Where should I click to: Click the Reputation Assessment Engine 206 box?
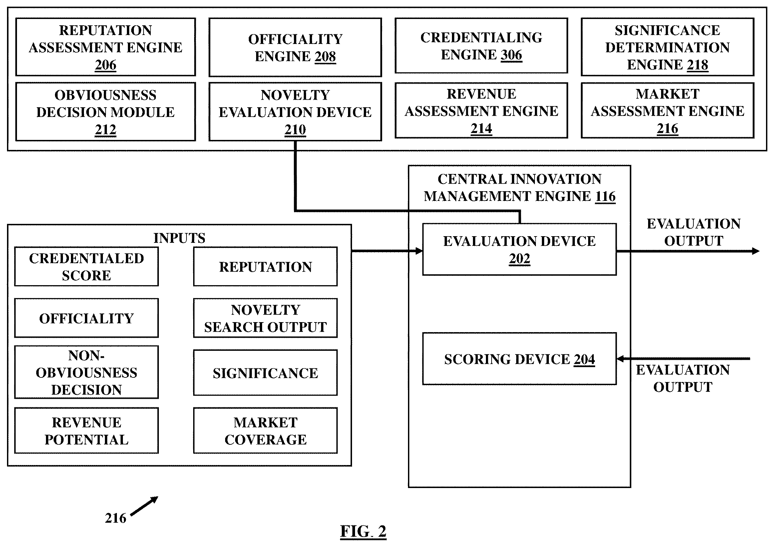(x=106, y=47)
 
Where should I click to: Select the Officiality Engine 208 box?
(x=295, y=47)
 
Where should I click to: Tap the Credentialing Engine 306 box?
(x=481, y=46)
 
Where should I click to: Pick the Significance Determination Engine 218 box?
(x=667, y=47)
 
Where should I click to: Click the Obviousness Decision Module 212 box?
(x=106, y=112)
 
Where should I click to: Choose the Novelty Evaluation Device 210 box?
(x=295, y=112)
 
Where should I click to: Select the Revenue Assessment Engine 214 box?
(x=481, y=110)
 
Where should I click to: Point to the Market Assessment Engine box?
(x=667, y=110)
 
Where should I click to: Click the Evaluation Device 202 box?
(x=520, y=250)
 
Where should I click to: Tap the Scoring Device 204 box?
(x=520, y=359)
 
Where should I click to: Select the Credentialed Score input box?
(x=87, y=267)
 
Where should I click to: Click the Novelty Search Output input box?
(x=266, y=318)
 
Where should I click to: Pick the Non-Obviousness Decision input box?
(x=87, y=372)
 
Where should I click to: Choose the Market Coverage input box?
(x=266, y=431)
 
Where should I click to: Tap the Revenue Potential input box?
(x=87, y=431)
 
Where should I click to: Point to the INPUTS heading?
(x=179, y=238)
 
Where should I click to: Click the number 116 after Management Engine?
(x=605, y=196)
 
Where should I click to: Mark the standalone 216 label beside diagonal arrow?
(x=116, y=518)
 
